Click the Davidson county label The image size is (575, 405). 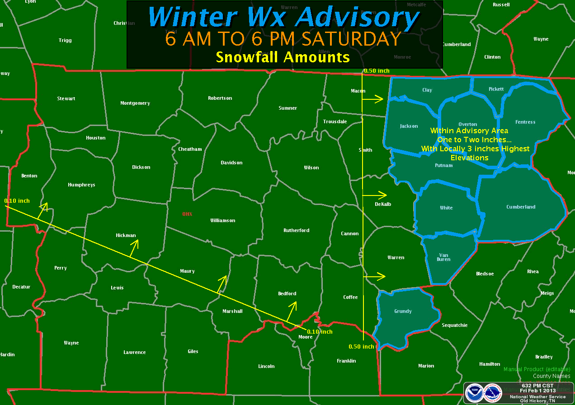[231, 163]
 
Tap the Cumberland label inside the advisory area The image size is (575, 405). [521, 207]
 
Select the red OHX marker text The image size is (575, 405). [187, 214]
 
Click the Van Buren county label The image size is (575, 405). [443, 257]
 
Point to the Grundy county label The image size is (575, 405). [403, 311]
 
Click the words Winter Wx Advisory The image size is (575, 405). [283, 17]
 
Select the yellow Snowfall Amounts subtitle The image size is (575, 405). [283, 57]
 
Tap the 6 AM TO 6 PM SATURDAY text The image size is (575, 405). [283, 39]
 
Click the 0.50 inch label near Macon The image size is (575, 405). [376, 71]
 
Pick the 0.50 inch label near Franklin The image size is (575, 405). [361, 347]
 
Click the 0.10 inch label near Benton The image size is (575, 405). [17, 200]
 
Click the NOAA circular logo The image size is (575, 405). [475, 392]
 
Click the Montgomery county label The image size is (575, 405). [135, 103]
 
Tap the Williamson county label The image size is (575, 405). [222, 220]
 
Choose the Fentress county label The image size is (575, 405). [525, 122]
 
